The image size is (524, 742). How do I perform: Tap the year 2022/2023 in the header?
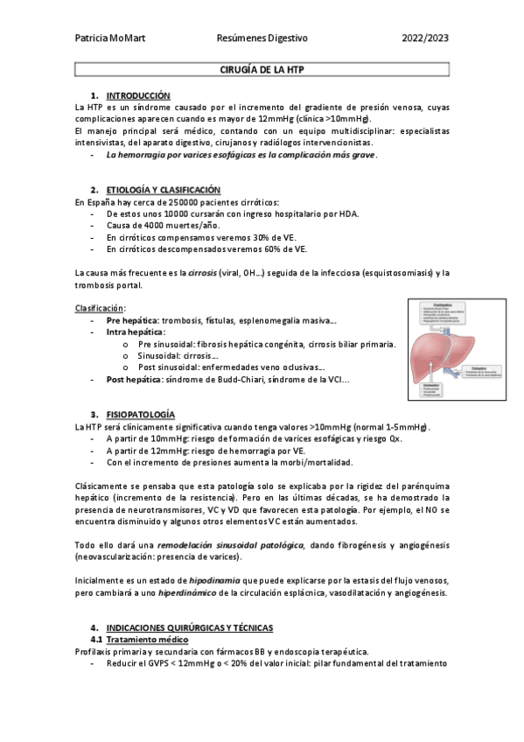click(424, 39)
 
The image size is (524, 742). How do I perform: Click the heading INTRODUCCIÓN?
click(138, 94)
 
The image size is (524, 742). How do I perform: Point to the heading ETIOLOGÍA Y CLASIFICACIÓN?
click(163, 190)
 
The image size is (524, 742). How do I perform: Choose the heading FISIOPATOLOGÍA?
click(140, 414)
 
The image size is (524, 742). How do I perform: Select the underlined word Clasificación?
click(99, 308)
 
